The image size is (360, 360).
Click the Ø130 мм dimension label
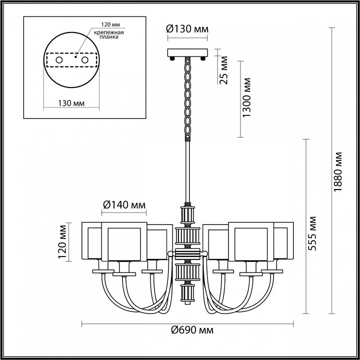pyautogui.click(x=187, y=28)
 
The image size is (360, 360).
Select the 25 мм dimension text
pyautogui.click(x=223, y=73)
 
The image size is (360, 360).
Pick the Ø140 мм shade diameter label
pyautogui.click(x=124, y=204)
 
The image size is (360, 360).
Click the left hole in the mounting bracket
pyautogui.click(x=58, y=60)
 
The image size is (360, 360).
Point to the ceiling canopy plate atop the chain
pyautogui.click(x=187, y=52)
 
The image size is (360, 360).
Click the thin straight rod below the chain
pyautogui.click(x=187, y=170)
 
